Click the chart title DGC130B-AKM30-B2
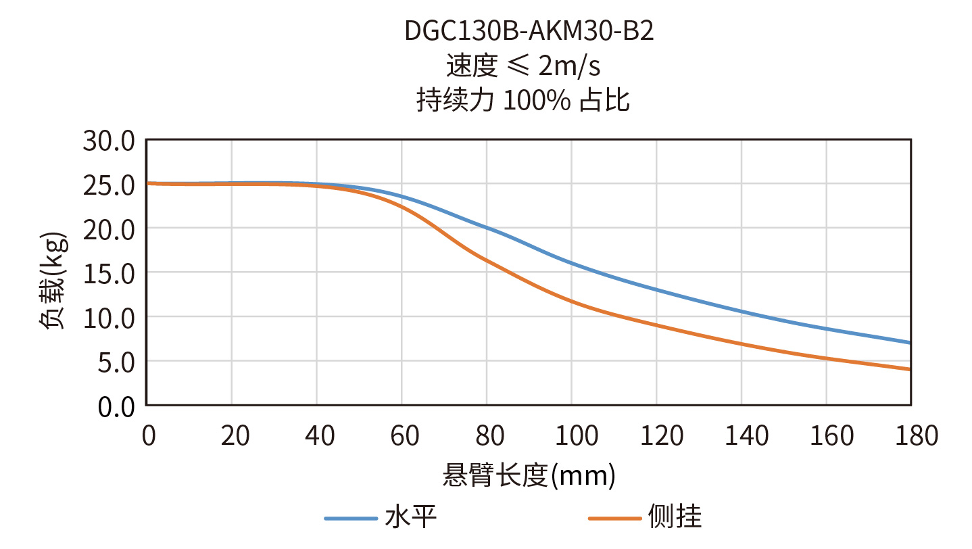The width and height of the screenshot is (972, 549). click(x=529, y=31)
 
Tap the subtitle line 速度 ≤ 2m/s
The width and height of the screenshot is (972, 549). click(x=523, y=66)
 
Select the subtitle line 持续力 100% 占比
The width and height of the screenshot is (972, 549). click(x=523, y=101)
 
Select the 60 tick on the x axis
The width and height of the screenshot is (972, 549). click(x=404, y=436)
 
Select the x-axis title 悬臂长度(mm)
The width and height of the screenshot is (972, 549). click(x=529, y=477)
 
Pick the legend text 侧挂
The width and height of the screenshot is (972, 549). click(x=675, y=517)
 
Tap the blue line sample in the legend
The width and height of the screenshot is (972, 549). click(x=350, y=518)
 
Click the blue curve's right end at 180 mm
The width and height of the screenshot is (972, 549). click(x=910, y=343)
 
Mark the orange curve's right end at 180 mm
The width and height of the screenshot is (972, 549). click(x=910, y=369)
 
